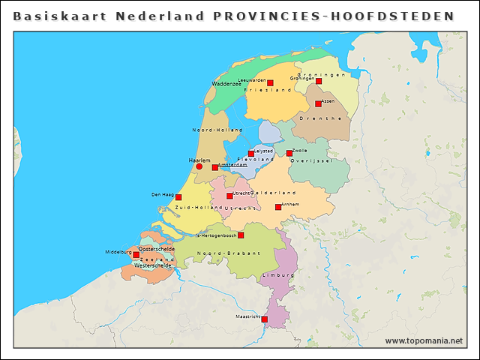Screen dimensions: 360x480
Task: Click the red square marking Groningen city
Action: (318, 81)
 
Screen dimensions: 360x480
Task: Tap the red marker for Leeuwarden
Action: (270, 82)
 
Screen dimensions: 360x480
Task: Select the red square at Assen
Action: (318, 103)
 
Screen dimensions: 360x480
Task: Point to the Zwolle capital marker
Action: (289, 153)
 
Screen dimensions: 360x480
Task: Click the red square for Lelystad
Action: (251, 154)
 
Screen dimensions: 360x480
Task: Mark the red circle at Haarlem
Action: (199, 166)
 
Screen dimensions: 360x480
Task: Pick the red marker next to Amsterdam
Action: (215, 167)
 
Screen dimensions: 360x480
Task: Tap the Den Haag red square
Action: (178, 197)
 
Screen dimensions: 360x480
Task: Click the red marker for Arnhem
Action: (278, 207)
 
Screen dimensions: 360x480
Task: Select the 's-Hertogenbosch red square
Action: (241, 235)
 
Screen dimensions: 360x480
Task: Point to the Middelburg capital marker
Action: (136, 255)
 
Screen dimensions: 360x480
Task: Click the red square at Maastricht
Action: (264, 319)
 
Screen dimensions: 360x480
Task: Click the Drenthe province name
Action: (316, 118)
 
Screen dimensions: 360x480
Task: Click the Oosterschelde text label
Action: (157, 248)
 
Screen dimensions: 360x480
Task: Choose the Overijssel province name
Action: (310, 160)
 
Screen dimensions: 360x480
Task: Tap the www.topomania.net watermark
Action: (424, 340)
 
